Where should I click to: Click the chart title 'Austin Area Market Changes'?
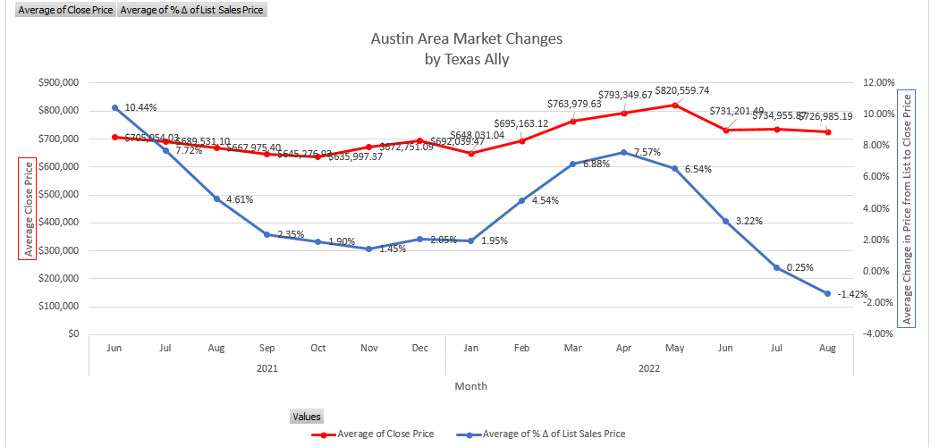point(467,39)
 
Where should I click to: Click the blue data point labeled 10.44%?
point(114,107)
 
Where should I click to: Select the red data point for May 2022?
point(674,105)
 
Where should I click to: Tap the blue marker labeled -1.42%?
point(827,293)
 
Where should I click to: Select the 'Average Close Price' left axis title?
point(28,209)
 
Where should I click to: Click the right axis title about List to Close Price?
point(907,208)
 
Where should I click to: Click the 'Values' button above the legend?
point(306,416)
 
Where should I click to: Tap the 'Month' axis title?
point(470,386)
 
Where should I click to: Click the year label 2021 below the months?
point(266,367)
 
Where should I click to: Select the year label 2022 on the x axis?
point(649,367)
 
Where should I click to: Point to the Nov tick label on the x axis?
point(368,348)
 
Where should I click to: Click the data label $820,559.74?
point(682,90)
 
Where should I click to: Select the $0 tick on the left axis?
point(72,333)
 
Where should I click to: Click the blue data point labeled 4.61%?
point(216,198)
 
